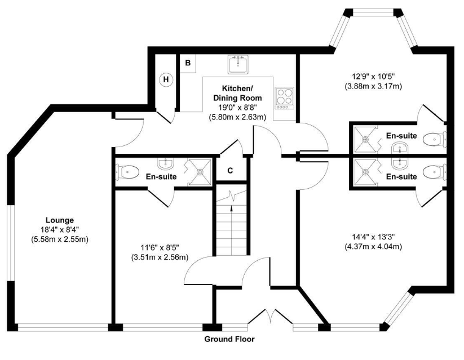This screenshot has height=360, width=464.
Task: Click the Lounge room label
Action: [60, 220]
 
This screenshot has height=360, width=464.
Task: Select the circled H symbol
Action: [166, 79]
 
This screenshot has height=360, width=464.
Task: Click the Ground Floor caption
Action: [229, 339]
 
